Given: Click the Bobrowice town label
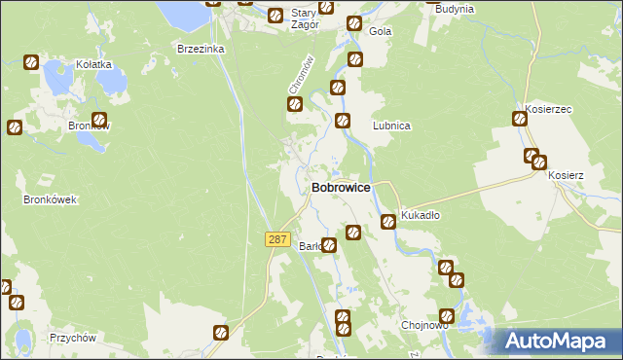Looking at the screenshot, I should click(340, 189).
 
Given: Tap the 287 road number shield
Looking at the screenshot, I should click(277, 239).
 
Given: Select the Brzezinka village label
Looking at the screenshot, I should click(201, 48).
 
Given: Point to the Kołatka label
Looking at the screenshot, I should click(93, 64).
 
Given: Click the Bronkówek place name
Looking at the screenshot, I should click(50, 199).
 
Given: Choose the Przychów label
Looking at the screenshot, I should click(71, 339).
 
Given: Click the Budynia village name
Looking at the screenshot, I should click(455, 9).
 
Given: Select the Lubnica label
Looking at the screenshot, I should click(391, 126).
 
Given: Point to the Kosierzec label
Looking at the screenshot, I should click(545, 109).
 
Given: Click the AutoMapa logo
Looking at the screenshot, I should click(560, 341).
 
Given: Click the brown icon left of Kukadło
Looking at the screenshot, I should click(387, 221).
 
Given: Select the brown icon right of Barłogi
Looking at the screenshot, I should click(329, 245).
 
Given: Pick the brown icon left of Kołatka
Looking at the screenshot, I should click(30, 63).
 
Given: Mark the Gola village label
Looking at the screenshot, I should click(380, 31).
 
